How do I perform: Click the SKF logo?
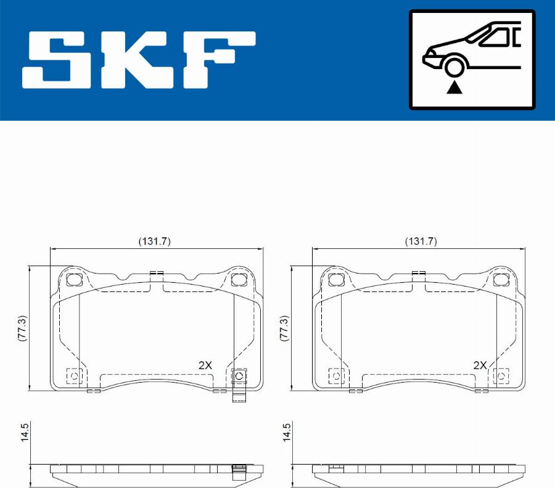coord(139,60)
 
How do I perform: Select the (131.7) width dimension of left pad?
coord(154,242)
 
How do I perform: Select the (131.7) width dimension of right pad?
coord(420,242)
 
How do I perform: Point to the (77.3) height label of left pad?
coord(23,329)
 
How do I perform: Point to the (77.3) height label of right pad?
coord(284,329)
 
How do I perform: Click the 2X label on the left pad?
coord(205,365)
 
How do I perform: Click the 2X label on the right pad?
coord(480,365)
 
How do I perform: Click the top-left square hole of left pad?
coord(74,280)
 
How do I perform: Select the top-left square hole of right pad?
coord(337,280)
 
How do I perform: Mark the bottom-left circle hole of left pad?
coord(74,376)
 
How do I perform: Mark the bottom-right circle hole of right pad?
coord(501,376)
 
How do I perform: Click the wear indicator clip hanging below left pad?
coord(239,394)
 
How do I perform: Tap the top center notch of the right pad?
coord(419,273)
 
